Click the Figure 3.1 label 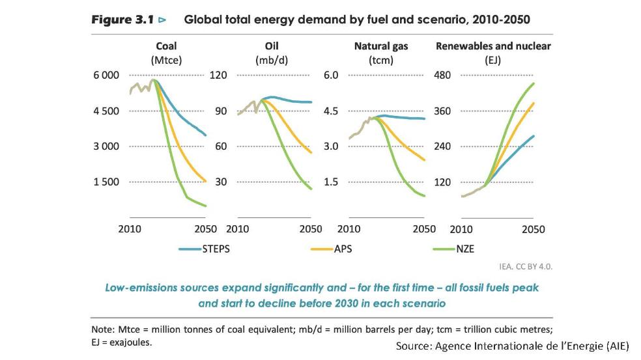pos(122,20)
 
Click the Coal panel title pos(166,46)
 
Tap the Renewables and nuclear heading pos(492,46)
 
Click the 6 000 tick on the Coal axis pos(106,75)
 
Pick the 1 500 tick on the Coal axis pos(106,182)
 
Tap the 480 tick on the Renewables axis pos(442,75)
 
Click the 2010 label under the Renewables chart pos(461,229)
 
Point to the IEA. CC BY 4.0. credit pos(524,266)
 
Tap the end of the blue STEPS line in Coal pos(206,135)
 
